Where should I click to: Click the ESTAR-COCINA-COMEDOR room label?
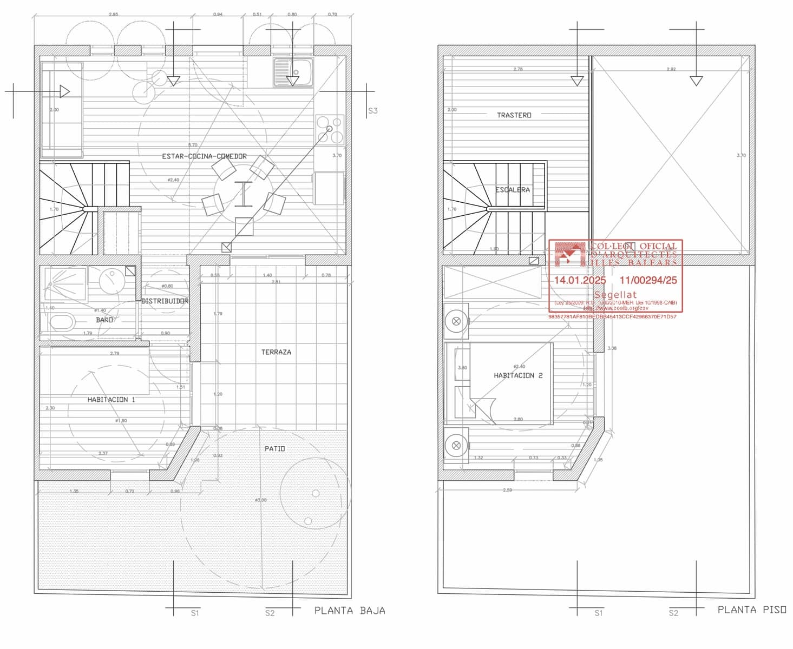[204, 156]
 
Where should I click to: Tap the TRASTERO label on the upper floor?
[514, 115]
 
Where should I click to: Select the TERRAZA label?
[276, 352]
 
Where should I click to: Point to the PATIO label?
[274, 449]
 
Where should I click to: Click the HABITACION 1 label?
[111, 400]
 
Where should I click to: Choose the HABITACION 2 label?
[517, 375]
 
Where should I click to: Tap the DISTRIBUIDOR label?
[165, 301]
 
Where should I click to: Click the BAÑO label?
[104, 320]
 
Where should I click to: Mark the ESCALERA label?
[512, 190]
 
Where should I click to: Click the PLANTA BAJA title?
[350, 611]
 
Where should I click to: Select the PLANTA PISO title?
[752, 610]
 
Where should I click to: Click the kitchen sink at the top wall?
[293, 72]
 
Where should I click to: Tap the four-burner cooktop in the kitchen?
[329, 129]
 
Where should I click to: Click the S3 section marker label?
[372, 111]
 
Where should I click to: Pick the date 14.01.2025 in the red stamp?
[580, 280]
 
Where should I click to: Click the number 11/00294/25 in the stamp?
[648, 280]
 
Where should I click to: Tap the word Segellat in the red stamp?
[615, 295]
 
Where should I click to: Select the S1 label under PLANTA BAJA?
[195, 613]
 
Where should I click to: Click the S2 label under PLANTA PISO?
[673, 613]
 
